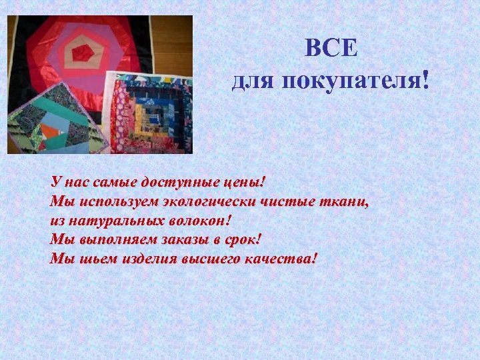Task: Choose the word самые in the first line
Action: [x=115, y=182]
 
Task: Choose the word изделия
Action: [x=147, y=259]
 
